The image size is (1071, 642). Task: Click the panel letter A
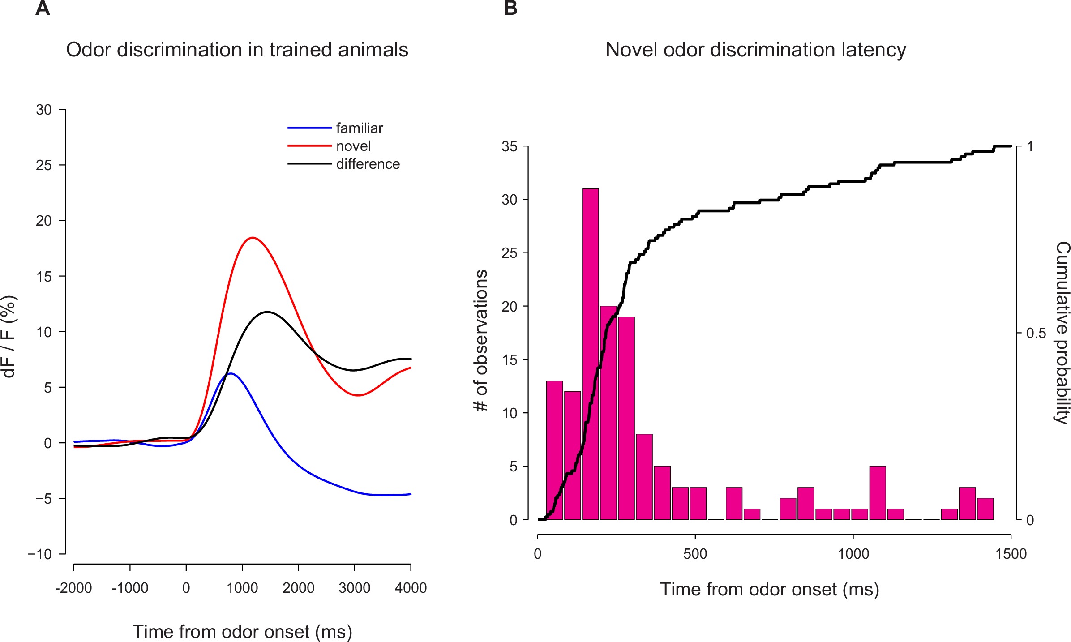pyautogui.click(x=43, y=8)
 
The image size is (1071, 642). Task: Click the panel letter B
pyautogui.click(x=510, y=8)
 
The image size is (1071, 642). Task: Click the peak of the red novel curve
pyautogui.click(x=253, y=238)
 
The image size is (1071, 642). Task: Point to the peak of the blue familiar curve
pyautogui.click(x=231, y=373)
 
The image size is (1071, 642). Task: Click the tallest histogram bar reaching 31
pyautogui.click(x=590, y=354)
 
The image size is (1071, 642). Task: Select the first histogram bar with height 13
pyautogui.click(x=554, y=450)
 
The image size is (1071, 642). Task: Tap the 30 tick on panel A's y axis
pyautogui.click(x=44, y=110)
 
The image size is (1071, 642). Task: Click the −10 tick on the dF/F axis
pyautogui.click(x=40, y=554)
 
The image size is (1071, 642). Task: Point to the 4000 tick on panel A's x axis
pyautogui.click(x=411, y=587)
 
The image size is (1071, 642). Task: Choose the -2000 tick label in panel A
pyautogui.click(x=73, y=587)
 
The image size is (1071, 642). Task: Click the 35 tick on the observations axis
pyautogui.click(x=510, y=147)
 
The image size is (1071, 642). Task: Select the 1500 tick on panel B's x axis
pyautogui.click(x=1011, y=554)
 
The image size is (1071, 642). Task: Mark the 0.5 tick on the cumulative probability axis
pyautogui.click(x=1036, y=333)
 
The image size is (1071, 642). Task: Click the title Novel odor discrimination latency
pyautogui.click(x=755, y=50)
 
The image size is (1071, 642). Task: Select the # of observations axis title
pyautogui.click(x=480, y=340)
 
